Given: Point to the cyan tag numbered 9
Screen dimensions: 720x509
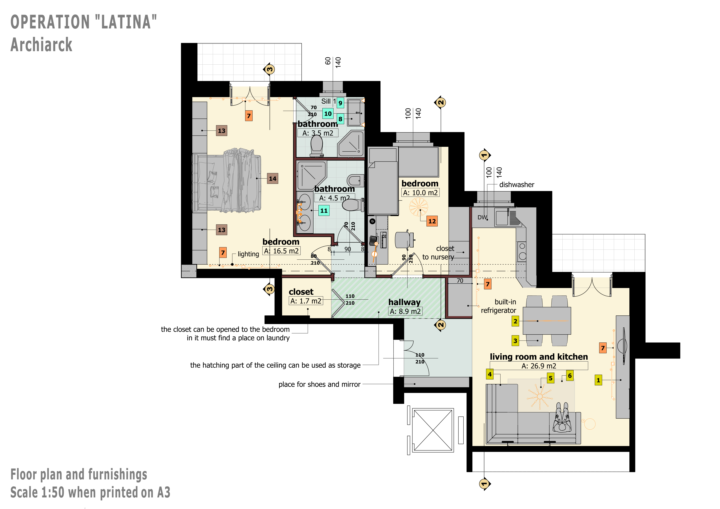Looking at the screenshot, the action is click(340, 103).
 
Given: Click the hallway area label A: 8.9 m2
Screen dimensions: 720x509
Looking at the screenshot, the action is click(405, 311).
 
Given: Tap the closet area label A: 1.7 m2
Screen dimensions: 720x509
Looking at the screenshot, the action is click(306, 301).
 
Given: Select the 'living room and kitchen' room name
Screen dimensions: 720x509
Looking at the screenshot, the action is click(539, 357).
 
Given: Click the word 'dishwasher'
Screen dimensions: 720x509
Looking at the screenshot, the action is click(517, 185).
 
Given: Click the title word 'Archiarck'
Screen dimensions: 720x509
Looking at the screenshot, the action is click(41, 45).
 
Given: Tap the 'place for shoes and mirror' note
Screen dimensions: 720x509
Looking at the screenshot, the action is click(319, 384).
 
